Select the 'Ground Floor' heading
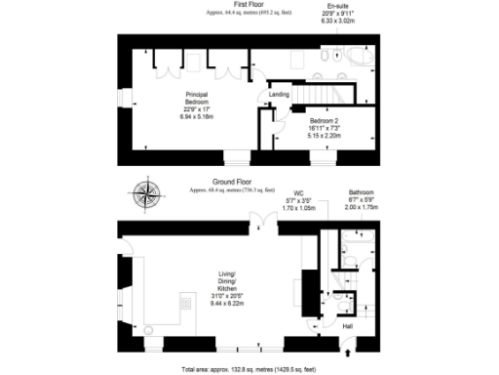pos(232,183)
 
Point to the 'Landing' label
pos(279,94)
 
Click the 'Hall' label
pos(348,326)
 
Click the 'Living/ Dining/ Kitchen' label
pos(231,281)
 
